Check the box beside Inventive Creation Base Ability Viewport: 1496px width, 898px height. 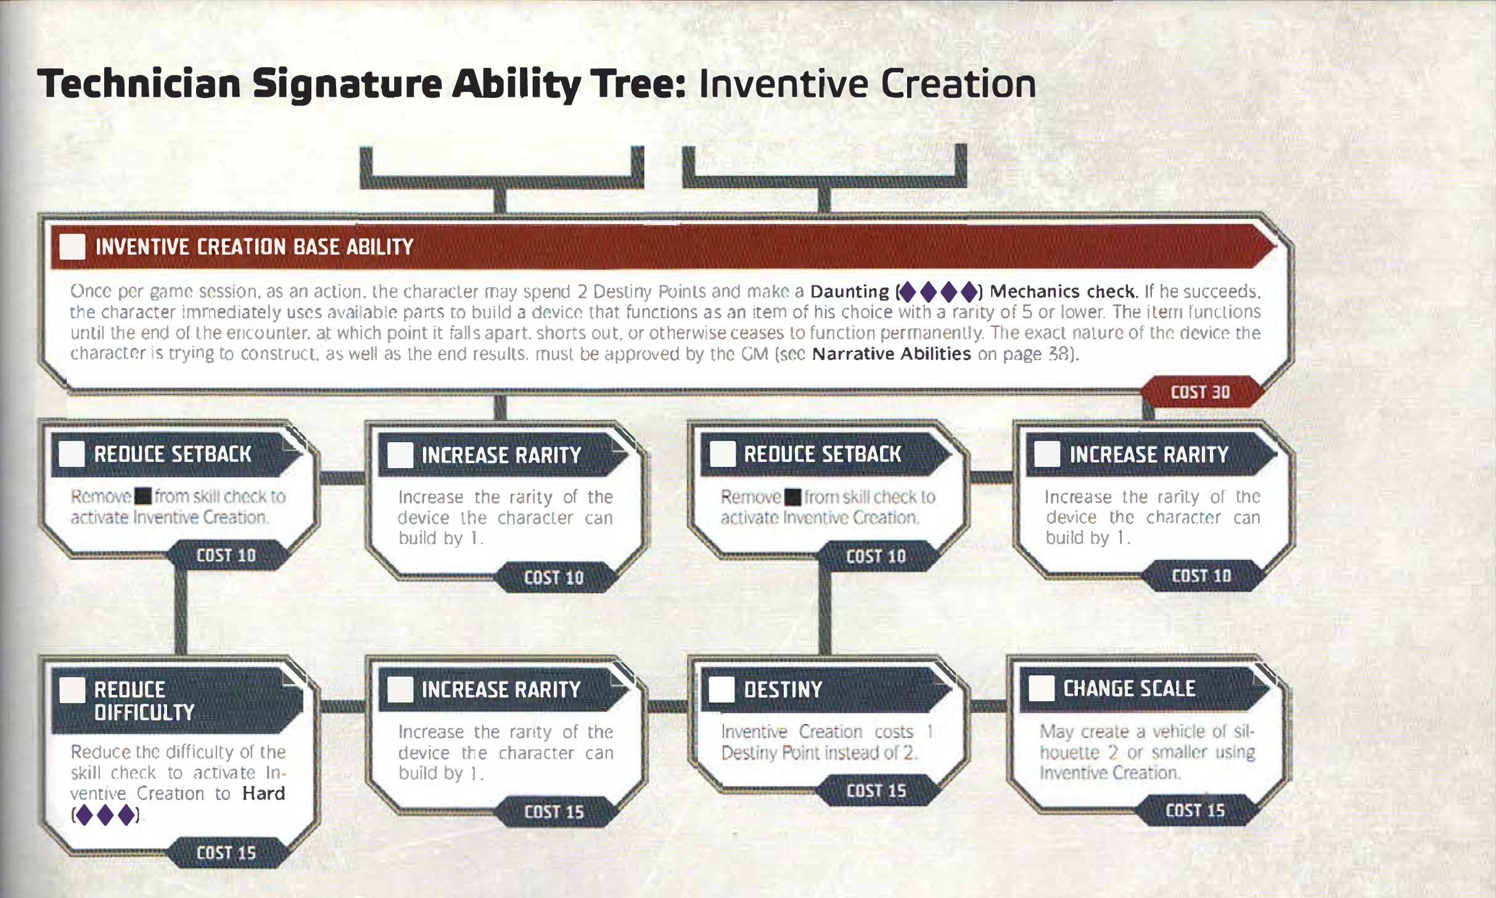pyautogui.click(x=72, y=247)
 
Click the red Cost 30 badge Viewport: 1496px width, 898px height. pyautogui.click(x=1200, y=392)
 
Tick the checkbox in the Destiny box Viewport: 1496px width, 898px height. pyautogui.click(x=721, y=690)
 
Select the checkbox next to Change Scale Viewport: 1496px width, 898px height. pyautogui.click(x=1042, y=688)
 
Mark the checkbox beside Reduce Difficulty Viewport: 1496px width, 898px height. pyautogui.click(x=72, y=690)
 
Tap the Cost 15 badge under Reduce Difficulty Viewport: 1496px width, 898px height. pyautogui.click(x=226, y=853)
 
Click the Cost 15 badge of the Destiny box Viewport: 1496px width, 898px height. pyautogui.click(x=876, y=791)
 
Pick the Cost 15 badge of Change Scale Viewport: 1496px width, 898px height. pyautogui.click(x=1195, y=810)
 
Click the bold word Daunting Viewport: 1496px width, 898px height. pyautogui.click(x=850, y=292)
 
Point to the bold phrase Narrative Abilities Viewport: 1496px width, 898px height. pyautogui.click(x=892, y=354)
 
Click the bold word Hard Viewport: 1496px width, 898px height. pyautogui.click(x=264, y=793)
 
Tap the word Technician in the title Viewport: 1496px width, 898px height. pyautogui.click(x=139, y=84)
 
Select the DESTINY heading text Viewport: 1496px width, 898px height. pyautogui.click(x=783, y=690)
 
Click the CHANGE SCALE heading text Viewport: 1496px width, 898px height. pyautogui.click(x=1129, y=688)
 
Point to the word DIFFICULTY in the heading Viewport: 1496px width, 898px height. pyautogui.click(x=144, y=713)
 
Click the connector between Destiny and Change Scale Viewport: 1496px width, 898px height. pyautogui.click(x=988, y=707)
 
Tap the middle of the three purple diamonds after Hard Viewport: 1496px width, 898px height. pyautogui.click(x=105, y=815)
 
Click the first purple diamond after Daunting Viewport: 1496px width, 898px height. pyautogui.click(x=908, y=292)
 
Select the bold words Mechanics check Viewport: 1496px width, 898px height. pyautogui.click(x=1062, y=292)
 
